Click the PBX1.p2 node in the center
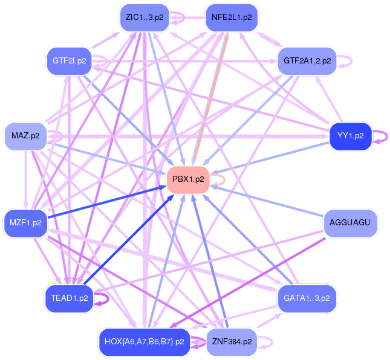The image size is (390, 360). point(188,179)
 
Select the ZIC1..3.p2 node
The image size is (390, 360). point(144,18)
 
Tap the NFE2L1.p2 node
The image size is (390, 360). point(232,18)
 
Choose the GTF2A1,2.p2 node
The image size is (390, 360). point(307,60)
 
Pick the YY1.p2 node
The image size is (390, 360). point(350,136)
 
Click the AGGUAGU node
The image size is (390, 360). point(350,223)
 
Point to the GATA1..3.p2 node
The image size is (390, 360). point(307,298)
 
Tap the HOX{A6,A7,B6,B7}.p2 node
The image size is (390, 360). point(144,342)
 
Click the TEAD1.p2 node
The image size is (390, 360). point(69,298)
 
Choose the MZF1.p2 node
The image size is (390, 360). point(25,223)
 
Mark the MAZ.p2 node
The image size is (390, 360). point(25,136)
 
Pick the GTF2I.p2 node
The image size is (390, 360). point(69,60)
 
